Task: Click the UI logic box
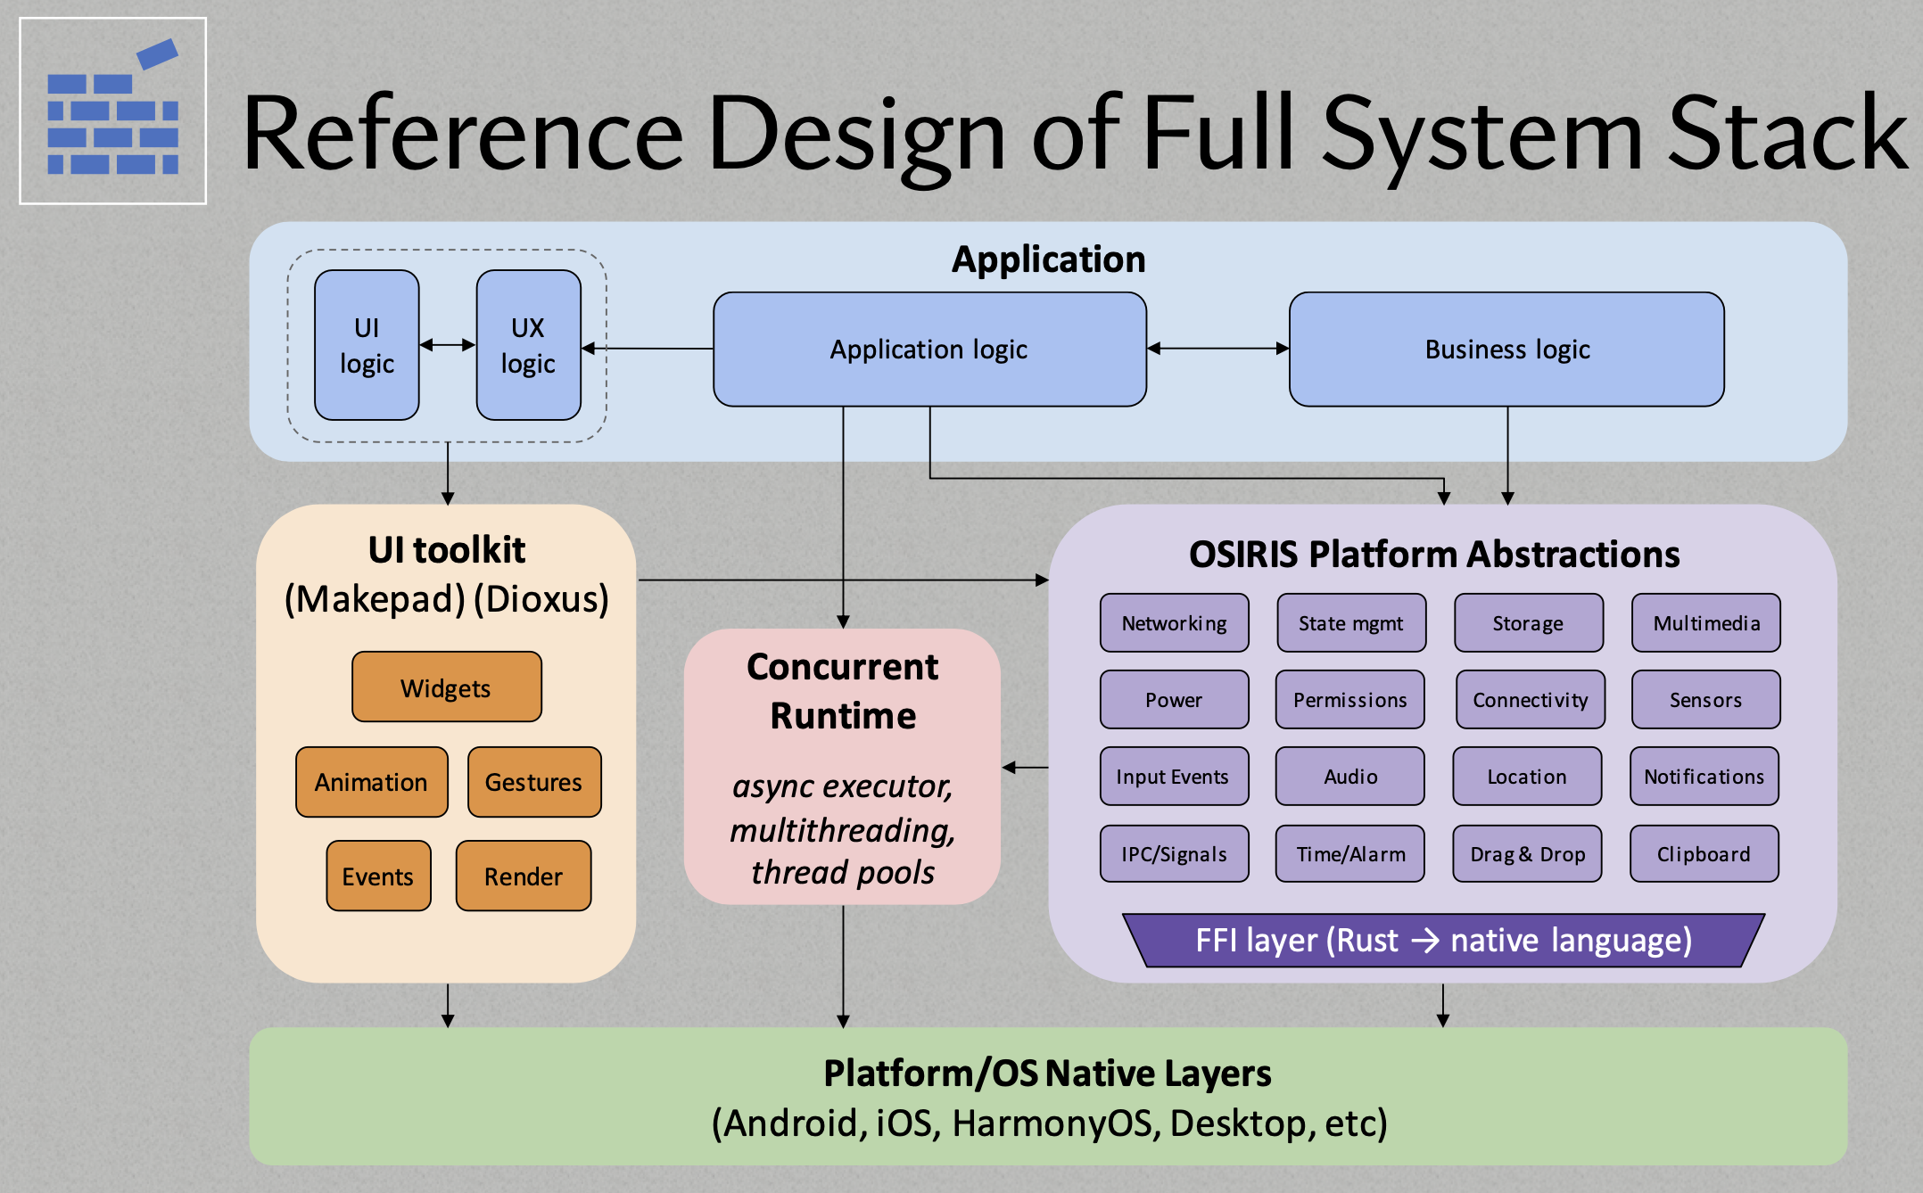[367, 345]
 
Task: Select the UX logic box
[528, 345]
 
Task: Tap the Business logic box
[1506, 350]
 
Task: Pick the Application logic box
[929, 350]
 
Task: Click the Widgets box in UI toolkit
[446, 687]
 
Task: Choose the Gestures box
[533, 782]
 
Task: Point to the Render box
[523, 876]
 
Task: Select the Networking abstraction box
[1174, 623]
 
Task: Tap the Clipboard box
[1704, 854]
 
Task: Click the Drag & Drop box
[1527, 854]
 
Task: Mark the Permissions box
[1350, 700]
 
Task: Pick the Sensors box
[1705, 700]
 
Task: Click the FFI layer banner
[1443, 941]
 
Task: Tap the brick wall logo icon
[113, 111]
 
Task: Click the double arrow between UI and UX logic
[448, 345]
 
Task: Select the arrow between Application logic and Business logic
[1217, 349]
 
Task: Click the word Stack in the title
[1787, 134]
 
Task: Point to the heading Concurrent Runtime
[843, 691]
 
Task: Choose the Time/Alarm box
[1350, 854]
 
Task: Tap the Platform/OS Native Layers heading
[1047, 1074]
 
